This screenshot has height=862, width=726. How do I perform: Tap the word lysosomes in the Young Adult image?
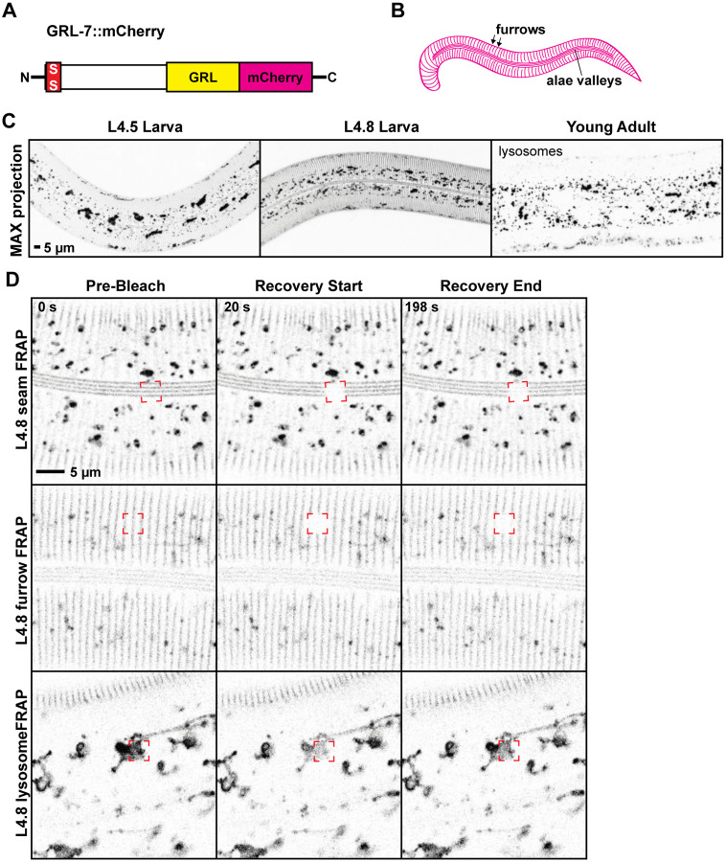pyautogui.click(x=529, y=151)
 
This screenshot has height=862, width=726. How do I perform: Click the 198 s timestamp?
pyautogui.click(x=426, y=307)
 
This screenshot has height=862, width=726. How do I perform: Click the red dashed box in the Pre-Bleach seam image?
pyautogui.click(x=150, y=390)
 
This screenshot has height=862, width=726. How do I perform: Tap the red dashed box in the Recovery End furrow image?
pyautogui.click(x=504, y=523)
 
